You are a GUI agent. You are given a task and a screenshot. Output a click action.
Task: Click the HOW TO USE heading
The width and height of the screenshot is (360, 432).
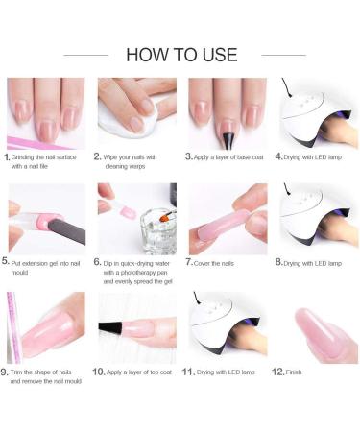pyautogui.click(x=181, y=54)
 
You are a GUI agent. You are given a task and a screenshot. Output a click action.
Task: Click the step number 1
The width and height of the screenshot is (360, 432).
pyautogui.click(x=8, y=156)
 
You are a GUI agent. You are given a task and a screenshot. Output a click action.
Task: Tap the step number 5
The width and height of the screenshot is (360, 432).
pyautogui.click(x=8, y=261)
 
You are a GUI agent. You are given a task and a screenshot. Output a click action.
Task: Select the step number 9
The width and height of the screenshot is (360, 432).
pyautogui.click(x=8, y=371)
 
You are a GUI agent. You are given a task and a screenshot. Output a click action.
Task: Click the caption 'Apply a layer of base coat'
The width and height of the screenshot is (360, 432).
pyautogui.click(x=227, y=156)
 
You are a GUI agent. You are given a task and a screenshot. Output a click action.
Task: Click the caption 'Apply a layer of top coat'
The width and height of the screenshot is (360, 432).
pyautogui.click(x=139, y=371)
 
